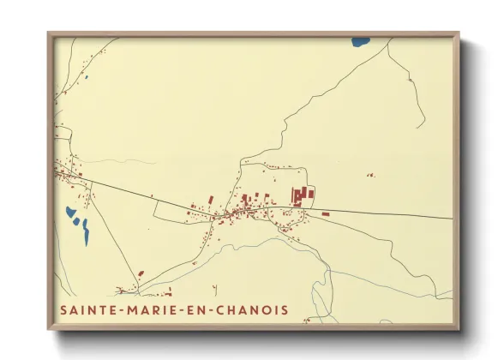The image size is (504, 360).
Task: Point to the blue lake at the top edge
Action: coord(360,41)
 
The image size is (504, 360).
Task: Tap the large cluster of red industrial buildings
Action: coord(302,196)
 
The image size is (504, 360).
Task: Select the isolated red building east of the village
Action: coord(326,213)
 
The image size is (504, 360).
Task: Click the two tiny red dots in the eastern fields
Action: coord(370,175)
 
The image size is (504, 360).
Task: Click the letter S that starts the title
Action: coord(63,309)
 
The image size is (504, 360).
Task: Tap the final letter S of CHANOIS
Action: coord(285,309)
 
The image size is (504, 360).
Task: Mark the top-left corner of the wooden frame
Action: coord(49,33)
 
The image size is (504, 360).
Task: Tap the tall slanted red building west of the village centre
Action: coord(211,200)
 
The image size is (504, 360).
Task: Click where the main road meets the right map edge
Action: coord(452,218)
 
